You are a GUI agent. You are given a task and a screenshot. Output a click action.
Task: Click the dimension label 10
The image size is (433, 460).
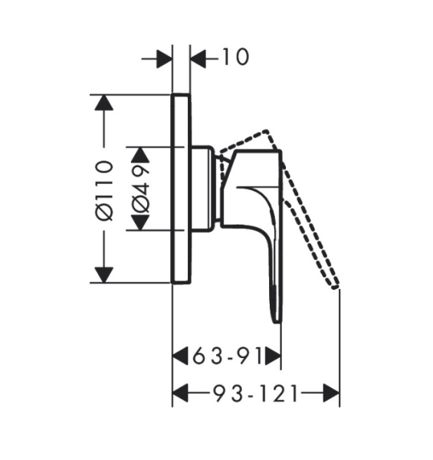[236, 57]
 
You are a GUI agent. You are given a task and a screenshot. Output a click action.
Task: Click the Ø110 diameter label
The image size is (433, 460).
[105, 191]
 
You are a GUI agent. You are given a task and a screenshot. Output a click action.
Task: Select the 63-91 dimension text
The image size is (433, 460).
[227, 356]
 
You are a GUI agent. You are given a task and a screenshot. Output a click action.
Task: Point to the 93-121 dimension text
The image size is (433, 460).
[255, 393]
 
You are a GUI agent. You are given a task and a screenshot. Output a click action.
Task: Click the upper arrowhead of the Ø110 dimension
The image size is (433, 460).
[103, 103]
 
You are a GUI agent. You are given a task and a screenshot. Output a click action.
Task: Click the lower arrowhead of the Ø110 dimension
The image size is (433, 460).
[103, 275]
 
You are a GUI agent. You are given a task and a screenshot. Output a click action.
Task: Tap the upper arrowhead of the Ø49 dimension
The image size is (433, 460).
[140, 154]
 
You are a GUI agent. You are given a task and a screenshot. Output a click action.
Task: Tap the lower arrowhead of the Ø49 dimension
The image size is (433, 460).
[140, 222]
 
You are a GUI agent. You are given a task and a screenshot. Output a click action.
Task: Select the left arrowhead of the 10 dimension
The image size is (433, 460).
[164, 59]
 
